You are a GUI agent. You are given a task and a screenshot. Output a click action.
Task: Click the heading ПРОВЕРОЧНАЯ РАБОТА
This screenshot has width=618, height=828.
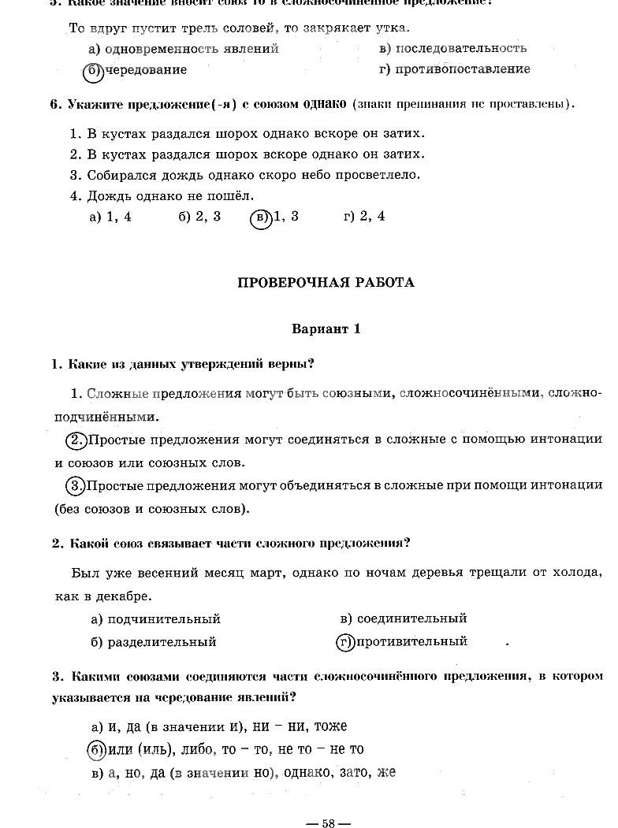click(x=326, y=282)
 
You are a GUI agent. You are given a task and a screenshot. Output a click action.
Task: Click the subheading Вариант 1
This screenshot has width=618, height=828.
click(x=326, y=329)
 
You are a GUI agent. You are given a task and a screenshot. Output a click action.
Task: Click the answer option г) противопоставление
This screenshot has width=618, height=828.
click(x=454, y=69)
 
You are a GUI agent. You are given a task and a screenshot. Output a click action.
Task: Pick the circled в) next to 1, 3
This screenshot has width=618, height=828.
click(x=260, y=217)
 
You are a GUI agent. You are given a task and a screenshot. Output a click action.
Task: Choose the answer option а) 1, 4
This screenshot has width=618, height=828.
click(x=110, y=217)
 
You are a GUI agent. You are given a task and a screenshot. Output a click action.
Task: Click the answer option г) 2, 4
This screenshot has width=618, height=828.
click(x=364, y=217)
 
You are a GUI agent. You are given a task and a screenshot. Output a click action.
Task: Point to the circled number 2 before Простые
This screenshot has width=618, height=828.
click(x=76, y=440)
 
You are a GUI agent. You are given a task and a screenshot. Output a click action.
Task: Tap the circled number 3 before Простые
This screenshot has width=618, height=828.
click(x=76, y=486)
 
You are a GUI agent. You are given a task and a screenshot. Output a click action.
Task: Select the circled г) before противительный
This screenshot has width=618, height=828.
click(x=344, y=642)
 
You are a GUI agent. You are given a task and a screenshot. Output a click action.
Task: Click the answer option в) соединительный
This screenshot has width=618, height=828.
click(x=403, y=618)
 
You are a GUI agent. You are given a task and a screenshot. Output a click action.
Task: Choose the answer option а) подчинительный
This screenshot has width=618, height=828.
click(x=155, y=619)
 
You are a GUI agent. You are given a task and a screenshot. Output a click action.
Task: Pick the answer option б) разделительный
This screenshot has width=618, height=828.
click(x=153, y=642)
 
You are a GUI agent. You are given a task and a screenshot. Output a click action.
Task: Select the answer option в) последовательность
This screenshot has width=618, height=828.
click(x=452, y=48)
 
